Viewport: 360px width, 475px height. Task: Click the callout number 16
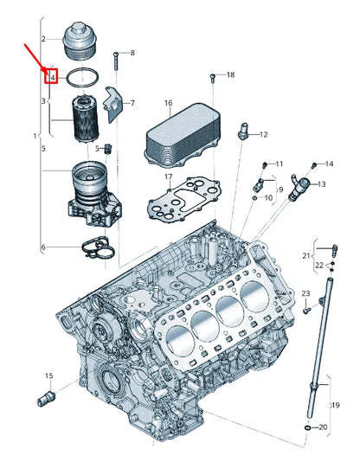(169, 103)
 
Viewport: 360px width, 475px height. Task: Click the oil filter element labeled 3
(85, 119)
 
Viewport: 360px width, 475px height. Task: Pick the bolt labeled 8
(115, 57)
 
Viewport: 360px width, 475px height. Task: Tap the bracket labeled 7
(112, 106)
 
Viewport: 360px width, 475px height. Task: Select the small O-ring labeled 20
(309, 427)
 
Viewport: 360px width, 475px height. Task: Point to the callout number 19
(336, 403)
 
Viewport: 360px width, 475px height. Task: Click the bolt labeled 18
(213, 77)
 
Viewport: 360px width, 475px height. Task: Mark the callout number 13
(321, 184)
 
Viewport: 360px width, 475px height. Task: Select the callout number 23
(305, 295)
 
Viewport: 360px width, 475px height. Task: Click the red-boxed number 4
(53, 78)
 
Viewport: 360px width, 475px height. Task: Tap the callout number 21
(305, 255)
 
